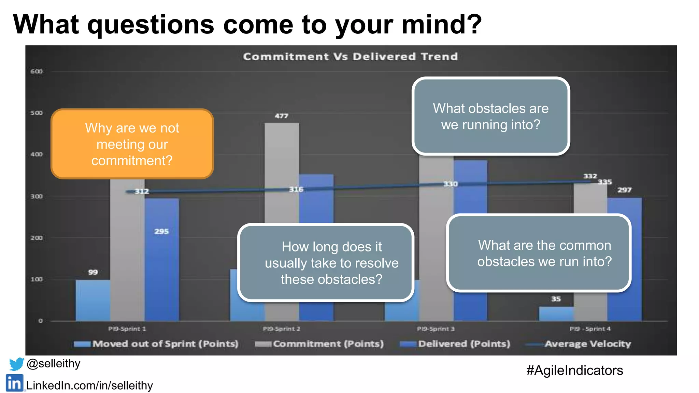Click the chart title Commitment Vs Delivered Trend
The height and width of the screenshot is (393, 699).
pyautogui.click(x=350, y=57)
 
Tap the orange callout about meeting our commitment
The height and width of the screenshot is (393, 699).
pyautogui.click(x=132, y=144)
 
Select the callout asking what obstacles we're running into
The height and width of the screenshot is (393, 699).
pyautogui.click(x=490, y=116)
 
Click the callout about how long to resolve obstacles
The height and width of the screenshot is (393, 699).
pyautogui.click(x=326, y=263)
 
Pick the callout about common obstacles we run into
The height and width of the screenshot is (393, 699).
pyautogui.click(x=539, y=253)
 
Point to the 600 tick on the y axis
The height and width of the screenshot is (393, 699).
pyautogui.click(x=37, y=71)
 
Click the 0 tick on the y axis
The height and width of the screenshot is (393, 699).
pyautogui.click(x=41, y=321)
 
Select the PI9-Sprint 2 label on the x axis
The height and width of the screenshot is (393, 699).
pyautogui.click(x=281, y=329)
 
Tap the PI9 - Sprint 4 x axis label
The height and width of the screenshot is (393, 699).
pyautogui.click(x=590, y=329)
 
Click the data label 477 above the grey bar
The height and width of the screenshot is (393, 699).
pyautogui.click(x=282, y=116)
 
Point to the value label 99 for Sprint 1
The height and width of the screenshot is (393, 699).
pyautogui.click(x=93, y=272)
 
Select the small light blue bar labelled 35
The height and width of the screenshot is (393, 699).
pyautogui.click(x=556, y=314)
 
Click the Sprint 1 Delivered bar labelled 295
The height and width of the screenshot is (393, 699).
pyautogui.click(x=162, y=259)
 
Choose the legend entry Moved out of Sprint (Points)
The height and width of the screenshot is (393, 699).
pyautogui.click(x=156, y=344)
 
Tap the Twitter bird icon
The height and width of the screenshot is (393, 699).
pyautogui.click(x=16, y=364)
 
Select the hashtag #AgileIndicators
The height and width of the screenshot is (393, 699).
pyautogui.click(x=574, y=370)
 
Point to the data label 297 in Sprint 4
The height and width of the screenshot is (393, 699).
pyautogui.click(x=624, y=190)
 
